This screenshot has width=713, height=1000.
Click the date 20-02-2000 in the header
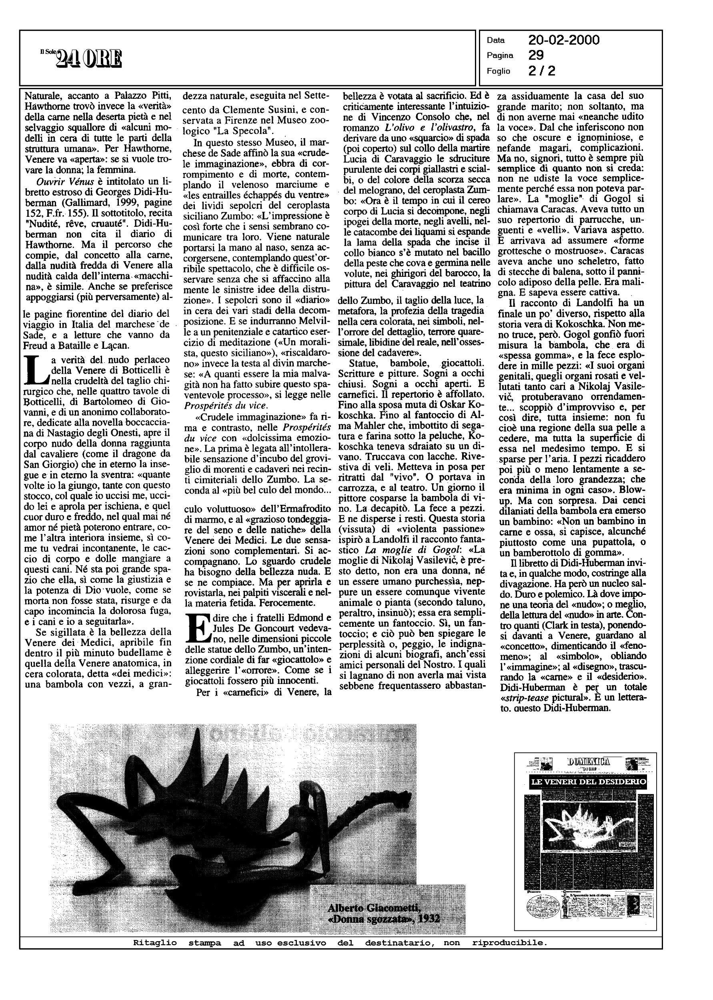[564, 40]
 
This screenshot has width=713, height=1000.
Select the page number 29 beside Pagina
[536, 55]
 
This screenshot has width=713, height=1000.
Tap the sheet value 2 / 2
[542, 71]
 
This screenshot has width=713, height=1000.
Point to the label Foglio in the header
[498, 71]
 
